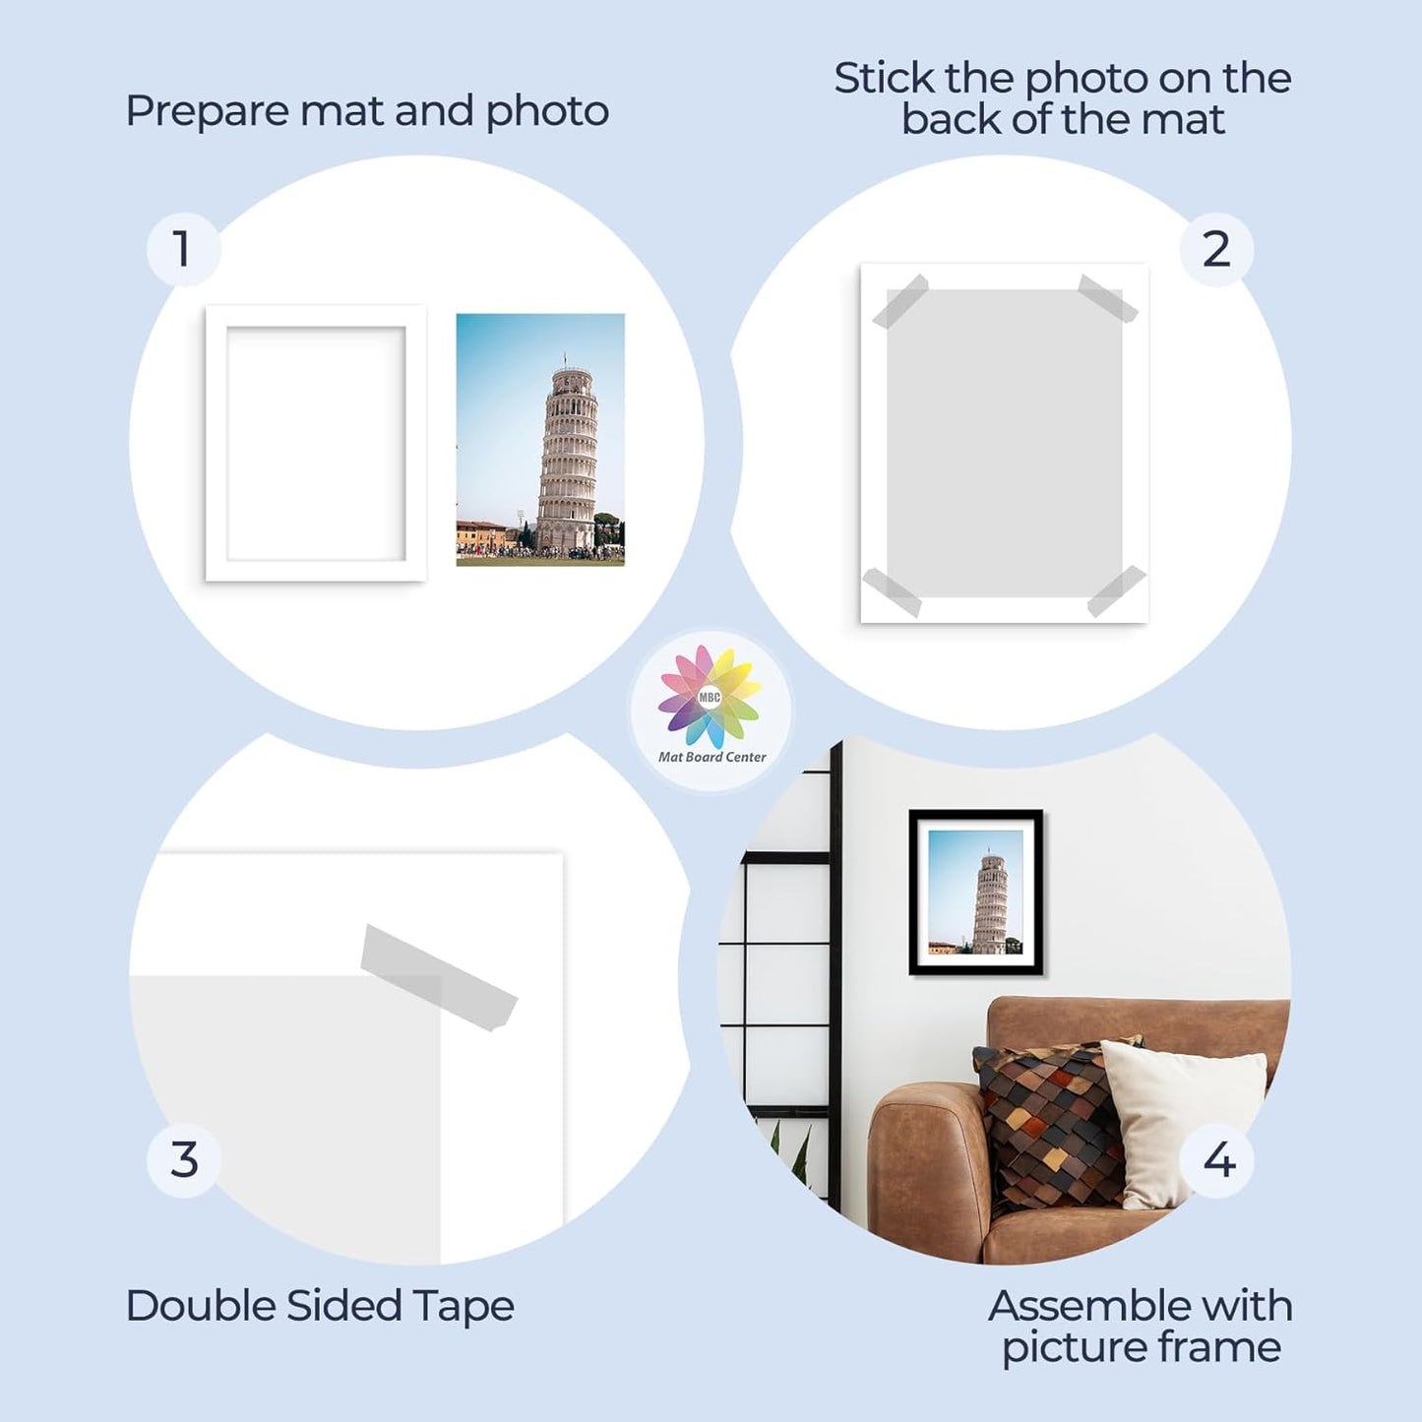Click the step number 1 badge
[183, 249]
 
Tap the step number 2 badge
[1216, 249]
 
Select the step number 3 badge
[183, 1160]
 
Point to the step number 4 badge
[1218, 1160]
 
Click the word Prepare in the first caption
[207, 111]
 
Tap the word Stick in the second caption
[883, 79]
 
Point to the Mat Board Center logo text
[711, 757]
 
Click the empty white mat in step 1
[316, 444]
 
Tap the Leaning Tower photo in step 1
[540, 440]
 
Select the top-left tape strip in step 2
[899, 301]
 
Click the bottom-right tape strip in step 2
[1116, 590]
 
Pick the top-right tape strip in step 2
[1108, 298]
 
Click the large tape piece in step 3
[438, 977]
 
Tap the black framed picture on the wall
[975, 893]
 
